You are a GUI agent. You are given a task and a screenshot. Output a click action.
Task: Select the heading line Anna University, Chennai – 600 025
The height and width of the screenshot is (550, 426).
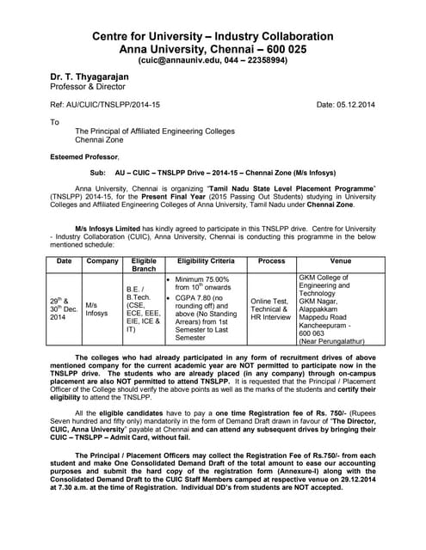point(211,50)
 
